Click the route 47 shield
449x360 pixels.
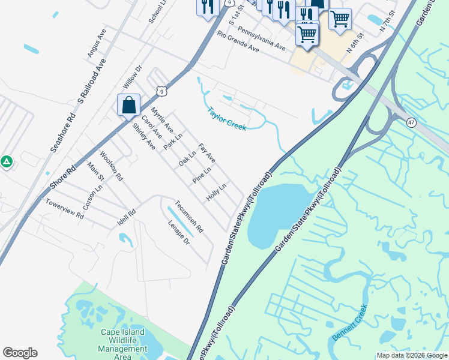point(411,122)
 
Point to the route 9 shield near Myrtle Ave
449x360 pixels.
point(160,91)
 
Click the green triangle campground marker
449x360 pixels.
point(6,161)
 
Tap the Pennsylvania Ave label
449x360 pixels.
point(261,38)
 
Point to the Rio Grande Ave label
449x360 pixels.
point(238,42)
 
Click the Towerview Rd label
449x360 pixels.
point(64,209)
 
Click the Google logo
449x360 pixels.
point(20,353)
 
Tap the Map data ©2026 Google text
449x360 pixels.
point(412,355)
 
